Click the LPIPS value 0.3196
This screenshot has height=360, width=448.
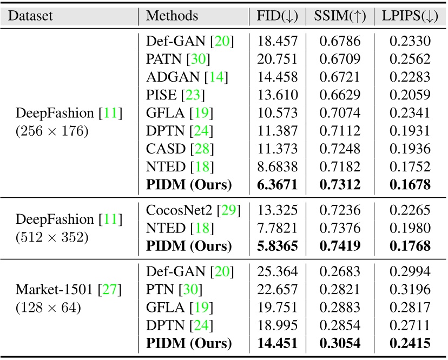[409, 290]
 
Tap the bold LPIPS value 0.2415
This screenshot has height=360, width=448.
[409, 344]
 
